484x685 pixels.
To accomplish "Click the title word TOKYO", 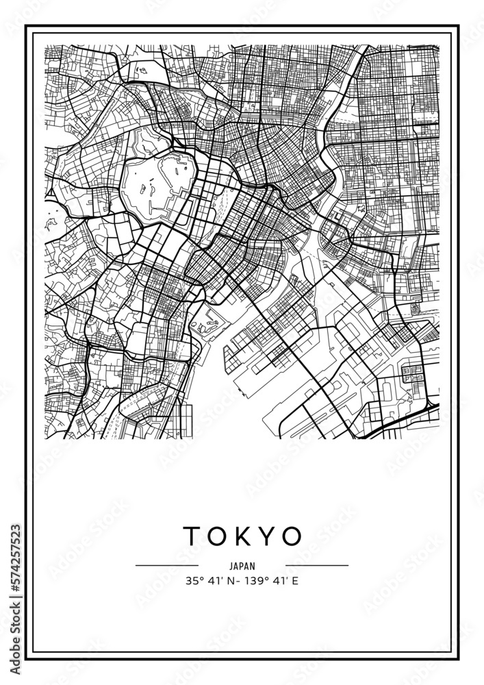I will tap(242, 536).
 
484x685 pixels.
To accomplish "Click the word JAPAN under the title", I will tap(242, 566).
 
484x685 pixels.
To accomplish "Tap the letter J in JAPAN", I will tap(231, 566).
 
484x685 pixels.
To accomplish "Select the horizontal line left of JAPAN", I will tap(167, 566).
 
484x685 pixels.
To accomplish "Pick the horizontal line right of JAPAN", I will tap(316, 566).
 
